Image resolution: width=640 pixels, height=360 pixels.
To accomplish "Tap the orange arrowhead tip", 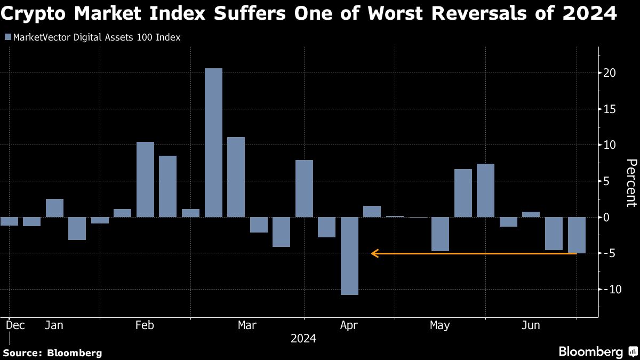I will (372, 253).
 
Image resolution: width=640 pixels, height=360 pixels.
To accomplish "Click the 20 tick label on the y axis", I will (610, 73).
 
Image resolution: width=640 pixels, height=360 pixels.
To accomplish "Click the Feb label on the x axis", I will (145, 325).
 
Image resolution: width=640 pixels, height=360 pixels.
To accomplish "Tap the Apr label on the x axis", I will (349, 325).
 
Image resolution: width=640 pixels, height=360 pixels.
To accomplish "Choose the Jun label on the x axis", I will (531, 325).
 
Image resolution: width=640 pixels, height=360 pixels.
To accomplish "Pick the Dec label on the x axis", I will (15, 325).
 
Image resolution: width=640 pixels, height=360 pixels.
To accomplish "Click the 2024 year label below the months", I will (303, 339).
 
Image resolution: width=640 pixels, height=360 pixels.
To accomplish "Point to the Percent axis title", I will (631, 182).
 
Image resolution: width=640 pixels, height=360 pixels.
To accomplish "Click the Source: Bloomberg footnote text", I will (53, 353).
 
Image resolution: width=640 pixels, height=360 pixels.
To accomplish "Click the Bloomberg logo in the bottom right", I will (597, 351).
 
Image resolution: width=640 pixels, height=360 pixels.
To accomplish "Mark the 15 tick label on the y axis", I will (610, 109).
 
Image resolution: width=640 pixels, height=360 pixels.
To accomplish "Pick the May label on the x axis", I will (440, 325).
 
